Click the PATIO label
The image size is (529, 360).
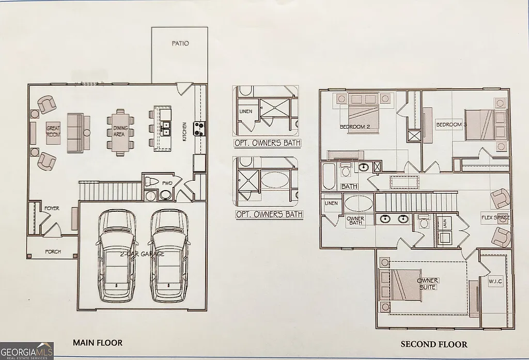(x=180, y=43)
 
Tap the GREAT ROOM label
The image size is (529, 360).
(x=54, y=131)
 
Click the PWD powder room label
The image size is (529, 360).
(x=167, y=183)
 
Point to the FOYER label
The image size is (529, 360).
(x=52, y=208)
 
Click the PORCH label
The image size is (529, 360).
(x=53, y=252)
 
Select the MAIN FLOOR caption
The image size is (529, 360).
(x=98, y=342)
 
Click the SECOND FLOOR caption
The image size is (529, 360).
(x=434, y=344)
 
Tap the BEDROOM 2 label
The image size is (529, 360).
(x=355, y=127)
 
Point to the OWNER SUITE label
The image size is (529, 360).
(x=427, y=283)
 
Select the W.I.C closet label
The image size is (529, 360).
(x=495, y=281)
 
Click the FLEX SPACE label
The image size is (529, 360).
(x=495, y=217)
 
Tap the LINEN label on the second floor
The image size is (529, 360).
(x=331, y=203)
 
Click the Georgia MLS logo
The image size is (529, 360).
(x=27, y=350)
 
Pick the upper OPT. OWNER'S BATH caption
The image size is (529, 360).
(x=268, y=143)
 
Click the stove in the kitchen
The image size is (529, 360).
(x=199, y=128)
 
